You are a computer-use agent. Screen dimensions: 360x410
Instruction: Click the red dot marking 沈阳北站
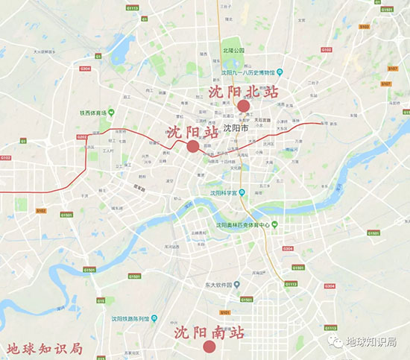(243, 106)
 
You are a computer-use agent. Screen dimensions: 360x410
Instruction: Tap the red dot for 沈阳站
(193, 146)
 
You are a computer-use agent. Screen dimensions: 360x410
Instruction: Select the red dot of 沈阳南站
(209, 346)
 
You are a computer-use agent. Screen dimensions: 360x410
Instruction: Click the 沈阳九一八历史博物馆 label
(249, 72)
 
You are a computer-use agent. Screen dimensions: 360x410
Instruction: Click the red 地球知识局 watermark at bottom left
(43, 347)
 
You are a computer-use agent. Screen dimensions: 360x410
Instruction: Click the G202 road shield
(81, 137)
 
